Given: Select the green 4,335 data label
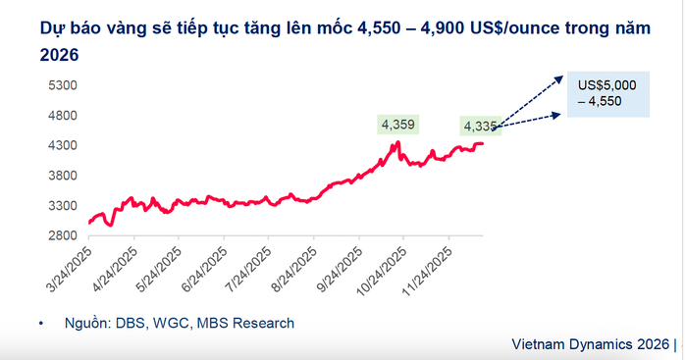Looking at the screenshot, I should click(480, 126).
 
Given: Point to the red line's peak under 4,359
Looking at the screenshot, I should click(397, 142).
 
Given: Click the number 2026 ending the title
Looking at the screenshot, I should click(59, 57).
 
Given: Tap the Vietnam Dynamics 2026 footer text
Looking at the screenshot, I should click(592, 345).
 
